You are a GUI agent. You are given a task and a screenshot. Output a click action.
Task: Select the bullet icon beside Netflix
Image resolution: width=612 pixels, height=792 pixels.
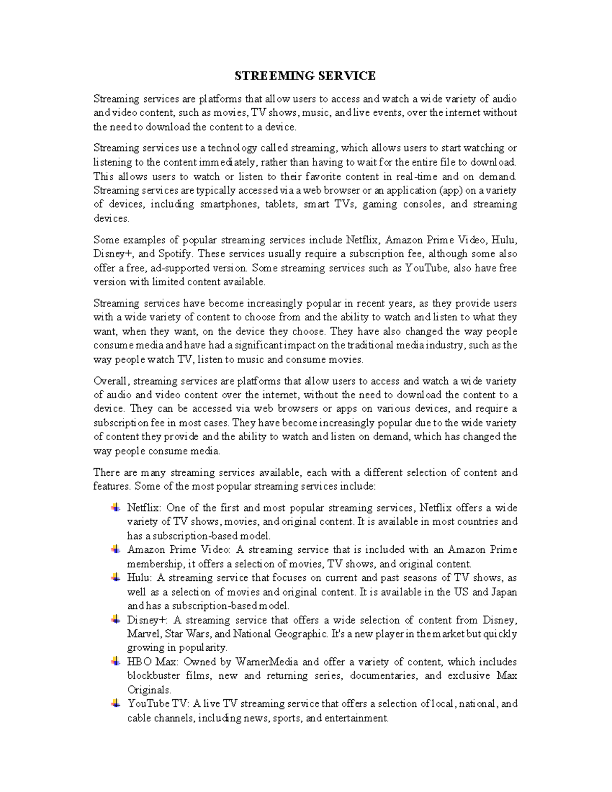[116, 507]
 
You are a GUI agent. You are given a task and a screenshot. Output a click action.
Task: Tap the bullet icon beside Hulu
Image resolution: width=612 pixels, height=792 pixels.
[116, 577]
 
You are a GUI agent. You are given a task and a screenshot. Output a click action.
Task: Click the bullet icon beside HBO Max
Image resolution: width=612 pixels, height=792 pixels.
[116, 661]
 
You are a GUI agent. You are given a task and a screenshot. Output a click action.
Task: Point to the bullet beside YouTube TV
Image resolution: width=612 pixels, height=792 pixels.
[116, 703]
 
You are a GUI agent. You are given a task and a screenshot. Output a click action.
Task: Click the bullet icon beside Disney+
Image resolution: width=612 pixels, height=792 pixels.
[116, 620]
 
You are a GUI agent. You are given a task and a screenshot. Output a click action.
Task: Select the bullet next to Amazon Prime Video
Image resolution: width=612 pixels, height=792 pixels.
[116, 549]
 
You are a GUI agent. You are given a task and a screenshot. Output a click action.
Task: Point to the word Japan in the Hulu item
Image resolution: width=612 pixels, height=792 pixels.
[504, 592]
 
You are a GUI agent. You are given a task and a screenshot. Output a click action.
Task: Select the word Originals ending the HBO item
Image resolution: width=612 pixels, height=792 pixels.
[148, 690]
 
